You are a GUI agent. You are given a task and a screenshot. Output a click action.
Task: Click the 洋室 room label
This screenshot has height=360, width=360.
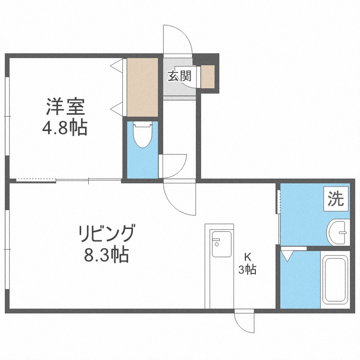[65, 106]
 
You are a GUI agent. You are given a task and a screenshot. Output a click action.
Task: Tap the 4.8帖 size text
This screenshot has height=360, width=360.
[65, 128]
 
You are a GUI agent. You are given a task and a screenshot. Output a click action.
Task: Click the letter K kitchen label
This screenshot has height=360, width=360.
[248, 256]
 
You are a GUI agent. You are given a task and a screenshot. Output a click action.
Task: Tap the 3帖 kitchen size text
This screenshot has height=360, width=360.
[248, 270]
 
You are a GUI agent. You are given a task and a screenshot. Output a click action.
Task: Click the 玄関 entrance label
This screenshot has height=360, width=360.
[179, 75]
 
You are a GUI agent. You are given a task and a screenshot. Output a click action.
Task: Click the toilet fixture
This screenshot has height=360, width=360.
[142, 136]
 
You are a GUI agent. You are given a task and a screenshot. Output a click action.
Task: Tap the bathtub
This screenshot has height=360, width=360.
[335, 280]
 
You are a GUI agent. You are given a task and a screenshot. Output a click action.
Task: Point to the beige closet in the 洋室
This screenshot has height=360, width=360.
[142, 87]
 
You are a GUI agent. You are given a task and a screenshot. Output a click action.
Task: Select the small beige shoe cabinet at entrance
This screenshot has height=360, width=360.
[208, 76]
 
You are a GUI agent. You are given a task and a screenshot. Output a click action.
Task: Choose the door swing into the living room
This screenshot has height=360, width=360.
[180, 198]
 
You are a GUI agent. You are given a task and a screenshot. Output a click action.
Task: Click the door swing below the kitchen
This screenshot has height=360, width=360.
[245, 322]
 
